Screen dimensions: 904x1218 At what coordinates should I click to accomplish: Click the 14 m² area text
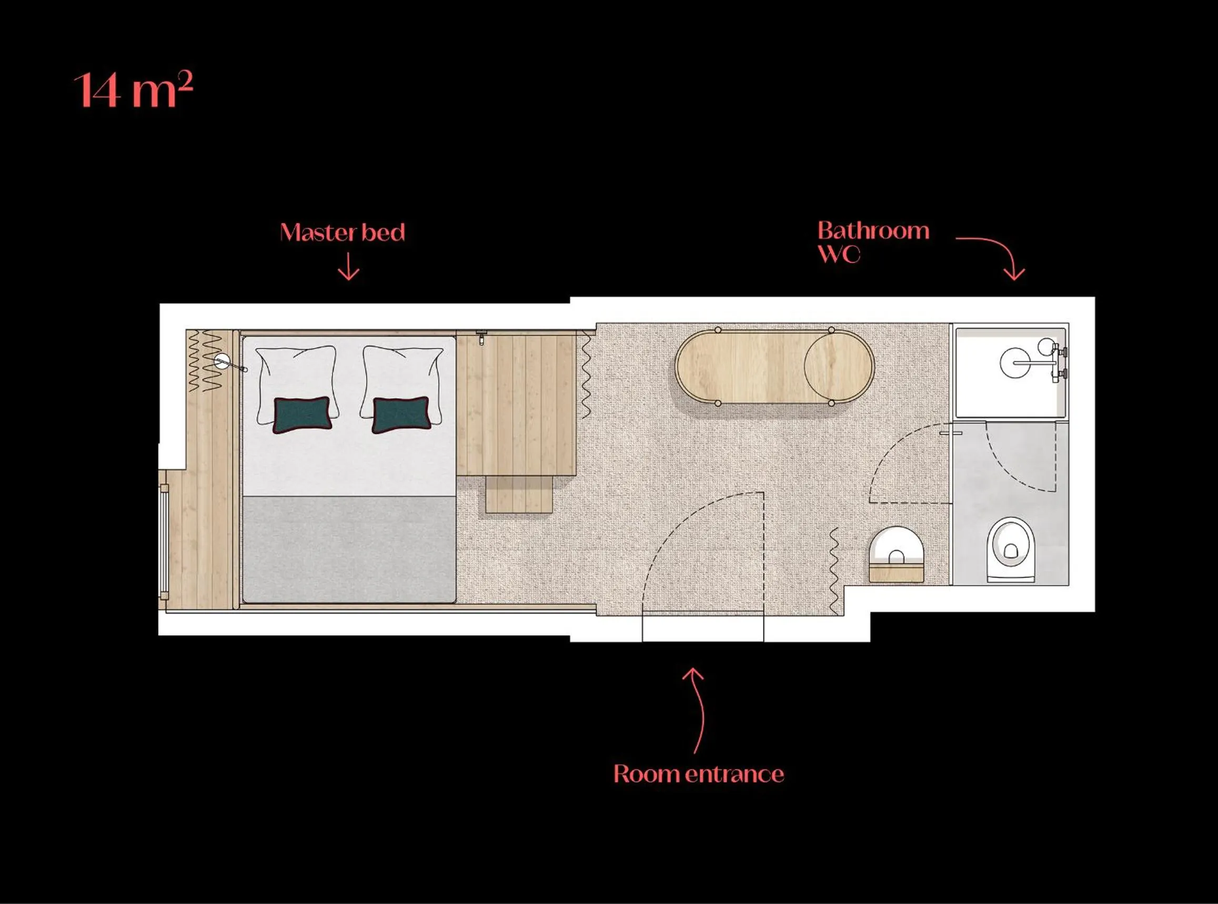point(133,90)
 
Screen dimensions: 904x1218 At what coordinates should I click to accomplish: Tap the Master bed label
point(342,232)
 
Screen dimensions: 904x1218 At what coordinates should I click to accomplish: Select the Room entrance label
point(699,774)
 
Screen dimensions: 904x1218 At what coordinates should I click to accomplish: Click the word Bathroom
point(873,231)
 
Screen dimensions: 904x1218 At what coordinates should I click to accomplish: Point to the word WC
point(839,255)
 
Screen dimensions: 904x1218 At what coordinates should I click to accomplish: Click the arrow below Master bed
point(349,267)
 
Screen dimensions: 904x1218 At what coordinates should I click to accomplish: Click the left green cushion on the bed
point(302,415)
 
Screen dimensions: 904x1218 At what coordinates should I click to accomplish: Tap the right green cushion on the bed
point(401,415)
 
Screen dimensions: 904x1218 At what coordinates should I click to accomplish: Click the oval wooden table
point(774,367)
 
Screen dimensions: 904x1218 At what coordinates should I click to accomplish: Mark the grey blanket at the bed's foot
point(349,549)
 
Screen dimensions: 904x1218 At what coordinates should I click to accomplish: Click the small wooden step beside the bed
point(519,494)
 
